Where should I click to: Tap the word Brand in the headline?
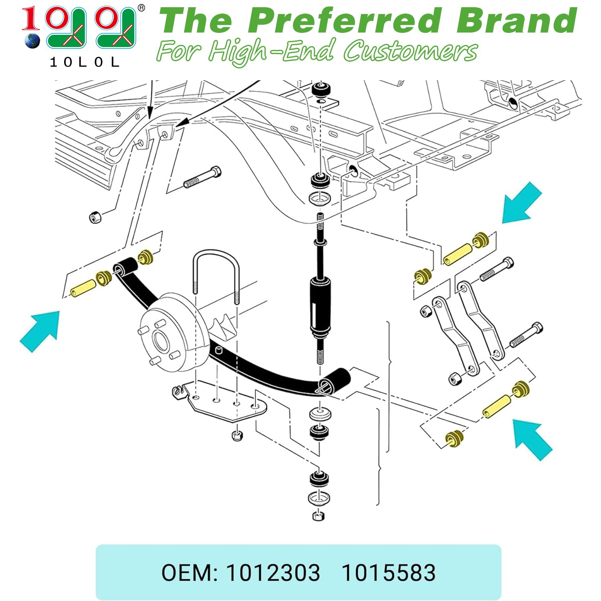(x=517, y=21)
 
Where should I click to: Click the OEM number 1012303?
(x=273, y=573)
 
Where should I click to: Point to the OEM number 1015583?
(x=388, y=573)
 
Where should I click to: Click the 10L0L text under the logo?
(x=85, y=62)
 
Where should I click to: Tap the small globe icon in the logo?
(x=32, y=41)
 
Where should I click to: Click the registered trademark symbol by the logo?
(x=141, y=8)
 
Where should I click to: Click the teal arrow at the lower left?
(x=40, y=331)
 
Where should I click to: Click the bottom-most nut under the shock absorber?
(x=318, y=516)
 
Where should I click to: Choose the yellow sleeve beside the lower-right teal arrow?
(x=496, y=406)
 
